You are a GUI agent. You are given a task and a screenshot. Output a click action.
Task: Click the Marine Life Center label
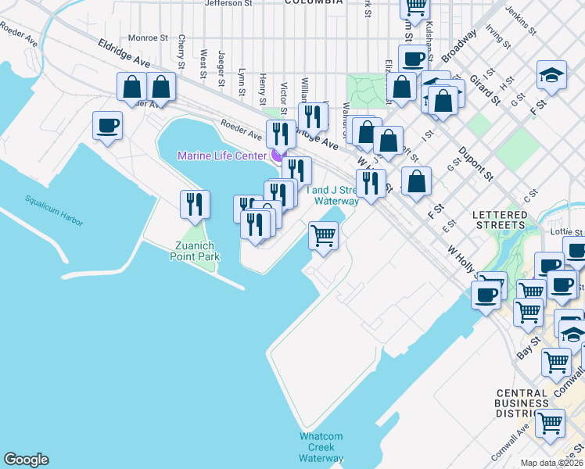click(x=222, y=156)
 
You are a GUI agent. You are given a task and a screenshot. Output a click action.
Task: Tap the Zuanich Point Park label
click(x=196, y=251)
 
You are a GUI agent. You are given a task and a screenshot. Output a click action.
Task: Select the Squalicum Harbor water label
click(x=52, y=211)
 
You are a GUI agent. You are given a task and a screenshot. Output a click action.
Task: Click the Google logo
click(x=26, y=460)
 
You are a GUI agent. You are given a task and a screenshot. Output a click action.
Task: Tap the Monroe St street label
click(x=148, y=38)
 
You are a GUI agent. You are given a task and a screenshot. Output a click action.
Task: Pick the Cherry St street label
click(x=181, y=49)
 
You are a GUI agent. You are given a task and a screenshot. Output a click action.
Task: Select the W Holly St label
click(x=461, y=260)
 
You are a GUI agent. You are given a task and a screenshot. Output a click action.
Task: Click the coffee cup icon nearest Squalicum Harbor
click(x=107, y=125)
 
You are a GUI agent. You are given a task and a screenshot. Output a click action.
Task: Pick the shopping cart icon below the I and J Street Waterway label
click(x=323, y=234)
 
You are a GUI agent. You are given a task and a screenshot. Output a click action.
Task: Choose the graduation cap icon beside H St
click(x=551, y=75)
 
